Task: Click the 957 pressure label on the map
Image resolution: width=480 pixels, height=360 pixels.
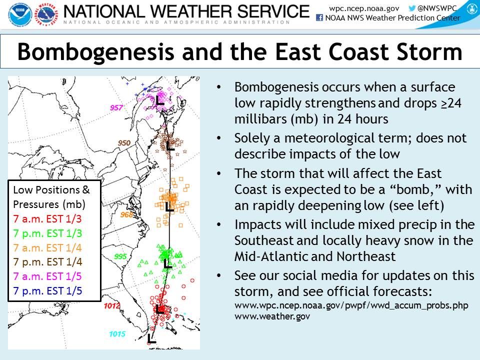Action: pos(116,107)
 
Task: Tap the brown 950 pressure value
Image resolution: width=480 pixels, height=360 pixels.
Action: pos(124,143)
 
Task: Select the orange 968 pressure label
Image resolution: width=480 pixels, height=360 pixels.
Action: pos(126,214)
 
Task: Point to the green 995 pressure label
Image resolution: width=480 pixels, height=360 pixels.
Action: pos(120,256)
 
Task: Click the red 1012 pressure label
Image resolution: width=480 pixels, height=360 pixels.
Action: pos(111,305)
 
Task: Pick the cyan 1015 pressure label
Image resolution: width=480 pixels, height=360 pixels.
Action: pos(117,334)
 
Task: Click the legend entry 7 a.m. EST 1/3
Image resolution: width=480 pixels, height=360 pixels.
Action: pos(47,219)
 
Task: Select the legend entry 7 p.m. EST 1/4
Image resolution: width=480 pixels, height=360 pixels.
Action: pos(48,262)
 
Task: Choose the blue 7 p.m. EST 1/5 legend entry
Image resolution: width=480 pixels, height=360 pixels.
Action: pos(48,291)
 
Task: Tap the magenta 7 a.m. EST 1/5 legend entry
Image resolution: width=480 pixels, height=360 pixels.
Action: pos(47,276)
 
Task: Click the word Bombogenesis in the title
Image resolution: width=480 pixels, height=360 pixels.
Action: pos(96,52)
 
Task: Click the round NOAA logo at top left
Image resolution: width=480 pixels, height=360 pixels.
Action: pos(20,14)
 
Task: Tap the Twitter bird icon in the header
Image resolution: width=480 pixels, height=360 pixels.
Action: pos(412,8)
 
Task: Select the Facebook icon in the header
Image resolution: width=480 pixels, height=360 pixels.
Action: pos(319,18)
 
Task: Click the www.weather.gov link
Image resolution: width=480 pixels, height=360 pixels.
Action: pos(272,316)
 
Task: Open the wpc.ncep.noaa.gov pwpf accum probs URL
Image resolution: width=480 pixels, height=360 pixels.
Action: pos(351,305)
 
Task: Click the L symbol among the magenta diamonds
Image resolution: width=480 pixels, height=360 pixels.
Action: pos(160,100)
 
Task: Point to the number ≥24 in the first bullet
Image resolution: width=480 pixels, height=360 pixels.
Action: pos(451,103)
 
